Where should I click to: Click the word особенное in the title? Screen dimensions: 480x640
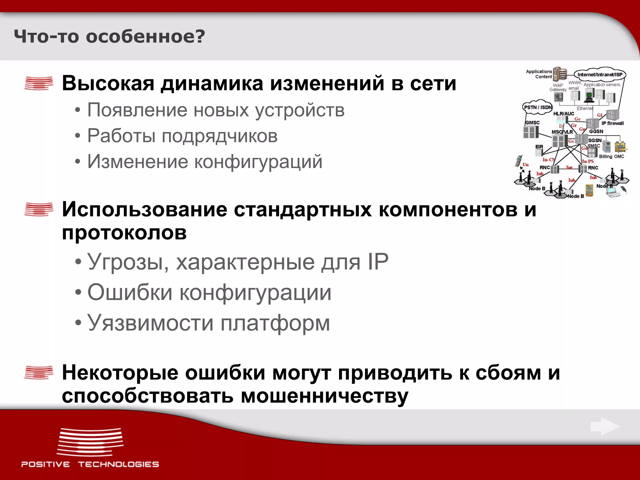point(145,37)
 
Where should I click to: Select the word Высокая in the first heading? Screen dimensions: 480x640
point(108,83)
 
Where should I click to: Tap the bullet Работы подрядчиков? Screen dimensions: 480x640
point(182,136)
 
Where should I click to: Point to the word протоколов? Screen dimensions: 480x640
point(124,233)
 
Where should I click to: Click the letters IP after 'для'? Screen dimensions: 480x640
point(378,262)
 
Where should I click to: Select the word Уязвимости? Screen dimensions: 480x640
point(150,323)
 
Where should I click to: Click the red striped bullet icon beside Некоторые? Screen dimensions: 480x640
point(39,372)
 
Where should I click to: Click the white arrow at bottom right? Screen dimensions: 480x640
point(605,427)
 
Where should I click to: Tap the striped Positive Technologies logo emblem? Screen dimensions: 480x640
point(90,442)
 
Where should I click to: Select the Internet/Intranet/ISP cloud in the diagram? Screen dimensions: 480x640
point(600,74)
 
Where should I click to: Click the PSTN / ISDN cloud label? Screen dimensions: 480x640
point(537,107)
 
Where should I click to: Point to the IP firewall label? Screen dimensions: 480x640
point(612,123)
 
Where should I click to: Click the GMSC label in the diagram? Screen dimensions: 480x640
point(532,122)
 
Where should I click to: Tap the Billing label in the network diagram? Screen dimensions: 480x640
point(605,156)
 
